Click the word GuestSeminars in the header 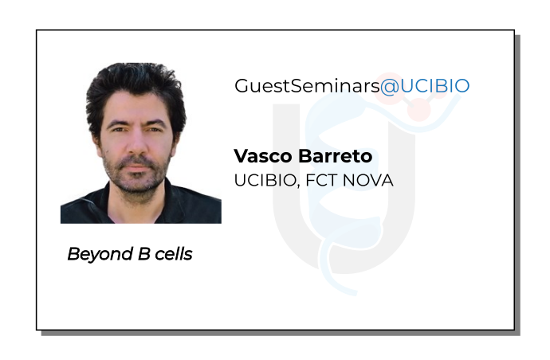pos(306,86)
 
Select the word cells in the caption pos(170,255)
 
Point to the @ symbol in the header pos(388,86)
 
